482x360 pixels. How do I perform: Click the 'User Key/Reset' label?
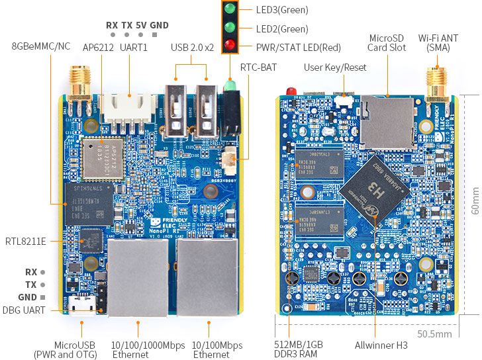pyautogui.click(x=335, y=67)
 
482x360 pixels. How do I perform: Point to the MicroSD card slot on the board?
pyautogui.click(x=387, y=121)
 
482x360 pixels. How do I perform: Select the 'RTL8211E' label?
pyautogui.click(x=26, y=241)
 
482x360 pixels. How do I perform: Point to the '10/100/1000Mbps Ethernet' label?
pyautogui.click(x=139, y=350)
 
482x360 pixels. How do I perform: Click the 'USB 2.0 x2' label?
pyautogui.click(x=192, y=47)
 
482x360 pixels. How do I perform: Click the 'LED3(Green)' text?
pyautogui.click(x=282, y=10)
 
